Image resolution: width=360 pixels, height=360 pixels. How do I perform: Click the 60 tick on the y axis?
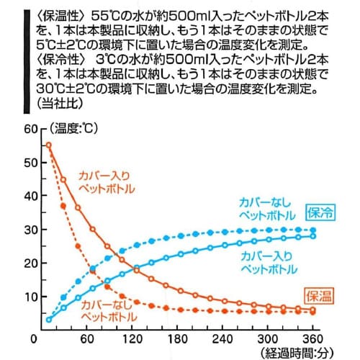[x=30, y=129]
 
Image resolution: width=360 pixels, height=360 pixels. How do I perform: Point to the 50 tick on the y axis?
[x=30, y=163]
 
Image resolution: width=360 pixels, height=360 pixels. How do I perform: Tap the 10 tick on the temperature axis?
[x=30, y=296]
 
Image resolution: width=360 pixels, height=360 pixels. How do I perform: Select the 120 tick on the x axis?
[x=131, y=338]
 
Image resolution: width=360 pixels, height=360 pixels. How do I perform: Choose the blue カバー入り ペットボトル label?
[x=266, y=262]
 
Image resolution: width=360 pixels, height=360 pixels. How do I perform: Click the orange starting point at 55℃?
[x=49, y=145]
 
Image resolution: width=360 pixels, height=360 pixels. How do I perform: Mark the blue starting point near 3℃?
[x=49, y=319]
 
